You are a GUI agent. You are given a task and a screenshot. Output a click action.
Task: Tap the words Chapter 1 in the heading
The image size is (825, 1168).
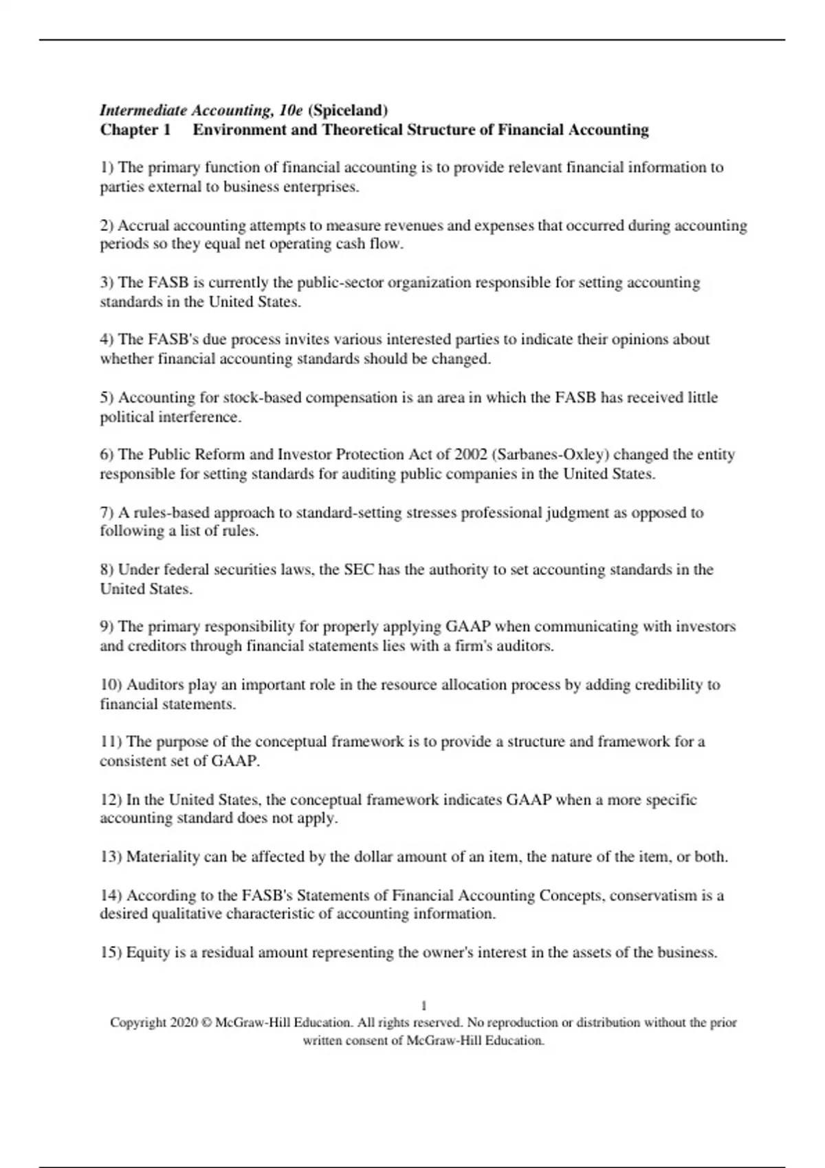pos(135,130)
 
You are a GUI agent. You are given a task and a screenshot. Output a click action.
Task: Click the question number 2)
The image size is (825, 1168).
pos(107,225)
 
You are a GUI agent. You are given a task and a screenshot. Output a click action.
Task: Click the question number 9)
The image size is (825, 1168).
pos(107,627)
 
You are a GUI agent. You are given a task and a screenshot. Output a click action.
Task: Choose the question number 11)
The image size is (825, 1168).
pos(111,742)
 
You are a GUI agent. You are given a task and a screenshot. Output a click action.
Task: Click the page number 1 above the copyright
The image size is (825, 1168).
pos(423,1006)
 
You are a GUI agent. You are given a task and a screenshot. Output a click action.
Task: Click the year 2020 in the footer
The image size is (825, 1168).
pos(184,1022)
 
